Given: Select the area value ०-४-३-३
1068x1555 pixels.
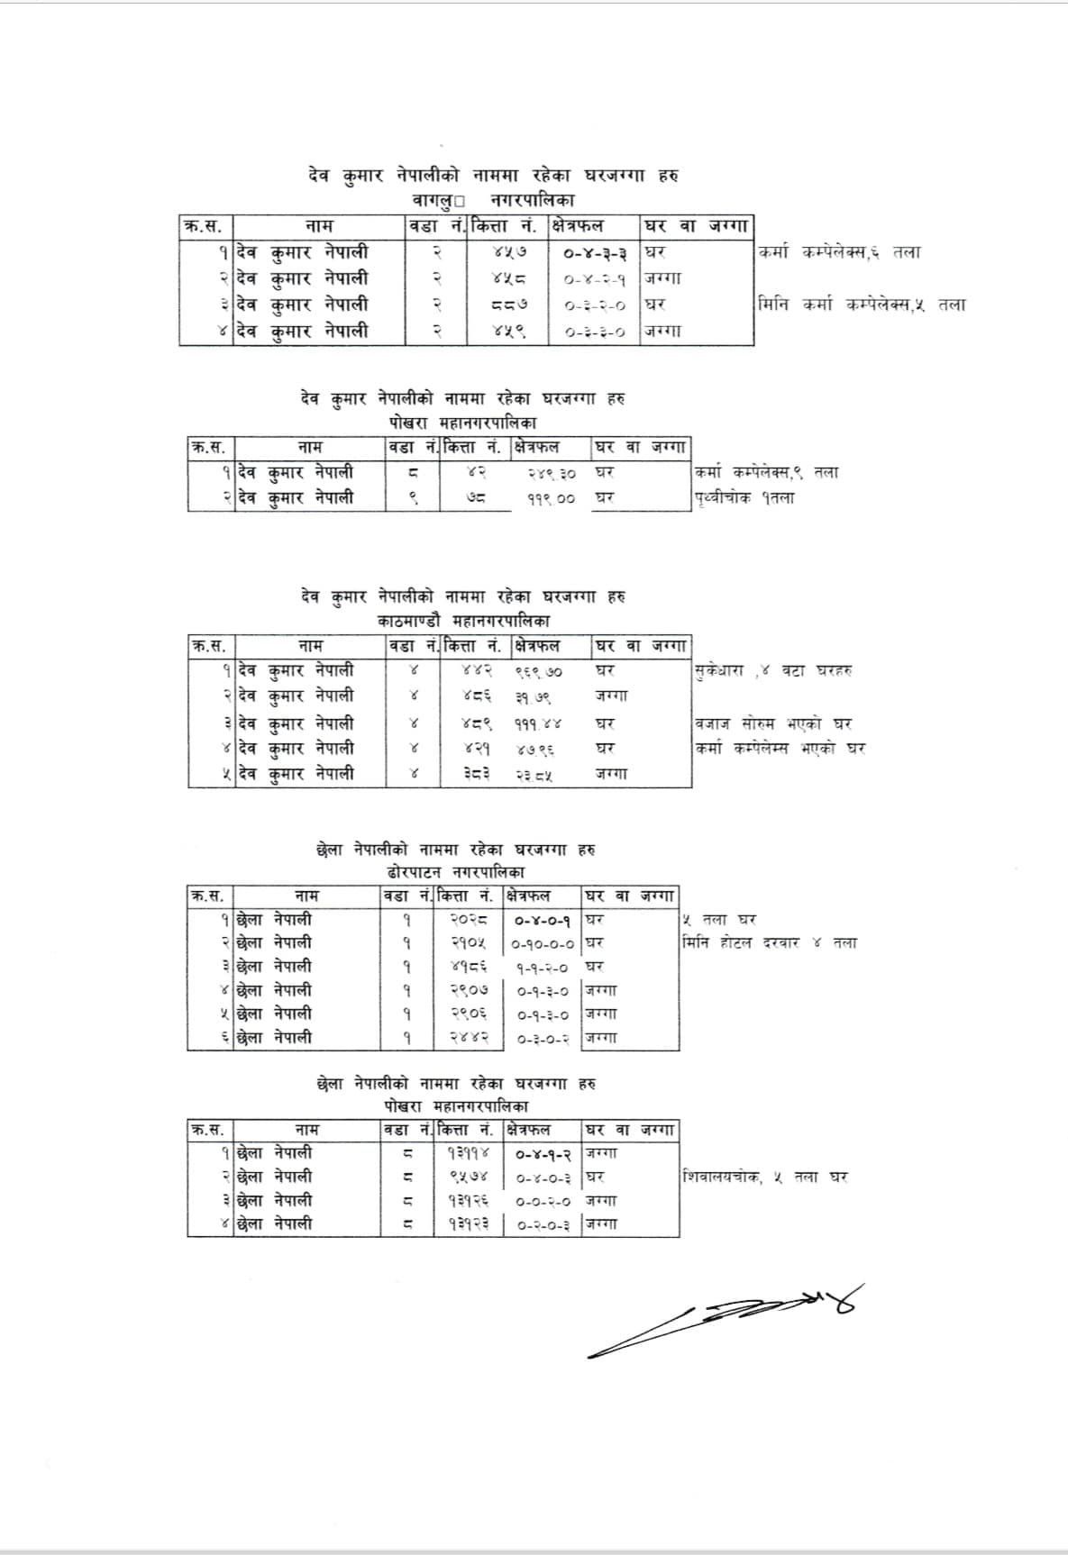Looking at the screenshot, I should click(595, 252).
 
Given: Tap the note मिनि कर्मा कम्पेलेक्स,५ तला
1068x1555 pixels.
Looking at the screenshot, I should click(862, 305).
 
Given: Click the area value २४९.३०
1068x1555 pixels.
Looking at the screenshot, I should click(552, 472).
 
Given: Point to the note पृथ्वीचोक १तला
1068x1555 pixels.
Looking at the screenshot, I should click(744, 497).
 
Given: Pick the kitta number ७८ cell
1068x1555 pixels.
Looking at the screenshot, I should click(476, 497).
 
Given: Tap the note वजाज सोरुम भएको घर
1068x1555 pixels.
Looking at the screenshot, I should click(773, 723).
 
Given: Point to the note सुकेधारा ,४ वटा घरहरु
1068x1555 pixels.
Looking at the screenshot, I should click(773, 670).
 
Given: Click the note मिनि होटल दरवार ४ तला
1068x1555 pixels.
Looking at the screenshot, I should click(771, 943).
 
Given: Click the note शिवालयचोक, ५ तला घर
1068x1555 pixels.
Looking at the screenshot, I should click(765, 1177).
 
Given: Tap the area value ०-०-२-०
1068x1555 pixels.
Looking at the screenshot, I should click(543, 1201).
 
